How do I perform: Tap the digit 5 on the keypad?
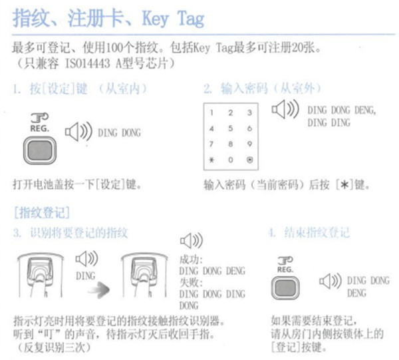click(x=230, y=128)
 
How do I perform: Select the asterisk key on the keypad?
click(x=211, y=160)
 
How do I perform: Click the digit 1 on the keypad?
click(x=211, y=112)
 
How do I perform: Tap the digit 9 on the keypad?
click(x=249, y=144)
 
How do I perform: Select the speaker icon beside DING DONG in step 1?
click(x=76, y=132)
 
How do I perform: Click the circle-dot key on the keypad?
click(x=249, y=160)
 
